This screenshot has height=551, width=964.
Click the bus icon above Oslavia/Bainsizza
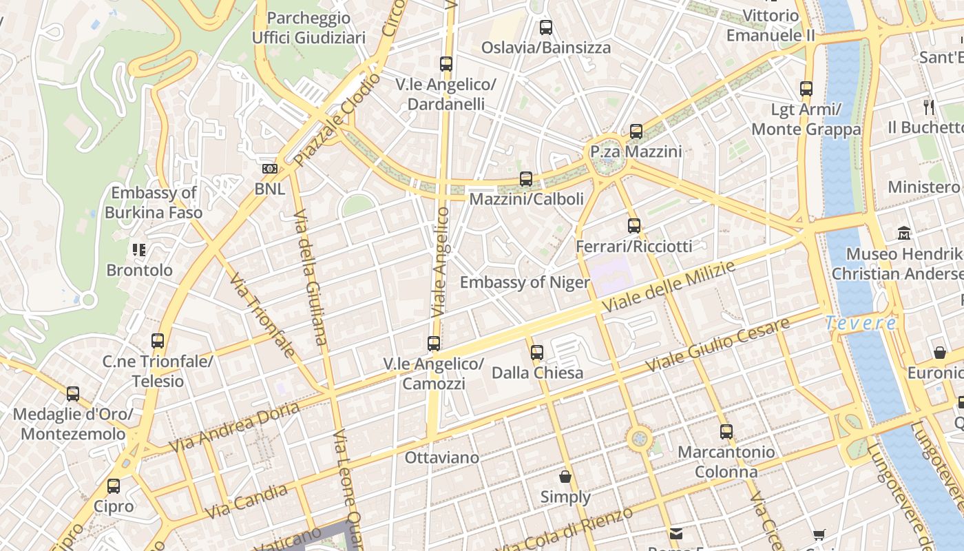tap(546, 28)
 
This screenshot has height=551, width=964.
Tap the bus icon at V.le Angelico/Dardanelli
tap(446, 64)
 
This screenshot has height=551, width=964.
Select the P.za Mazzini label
tap(636, 152)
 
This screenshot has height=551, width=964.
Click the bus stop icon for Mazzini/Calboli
tap(526, 179)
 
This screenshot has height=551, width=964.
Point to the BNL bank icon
tap(269, 169)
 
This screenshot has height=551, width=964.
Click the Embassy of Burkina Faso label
tap(154, 202)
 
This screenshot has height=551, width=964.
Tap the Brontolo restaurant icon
tap(139, 250)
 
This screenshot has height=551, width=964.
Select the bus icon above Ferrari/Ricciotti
tap(634, 226)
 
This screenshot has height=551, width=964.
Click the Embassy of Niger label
tap(525, 282)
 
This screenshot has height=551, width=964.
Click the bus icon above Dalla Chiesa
tap(537, 353)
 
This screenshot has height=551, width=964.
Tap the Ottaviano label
tap(441, 457)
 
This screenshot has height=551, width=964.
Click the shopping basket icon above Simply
tap(565, 477)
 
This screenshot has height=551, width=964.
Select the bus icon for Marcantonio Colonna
tap(726, 432)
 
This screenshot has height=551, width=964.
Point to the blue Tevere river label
tap(861, 322)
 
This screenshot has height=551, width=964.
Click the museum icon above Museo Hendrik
tap(904, 233)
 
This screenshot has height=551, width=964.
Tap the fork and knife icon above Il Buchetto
tap(929, 107)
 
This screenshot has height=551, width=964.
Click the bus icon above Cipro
tap(114, 486)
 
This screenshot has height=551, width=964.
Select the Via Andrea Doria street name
tap(235, 428)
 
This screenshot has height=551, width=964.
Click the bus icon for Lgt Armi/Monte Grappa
tap(806, 89)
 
